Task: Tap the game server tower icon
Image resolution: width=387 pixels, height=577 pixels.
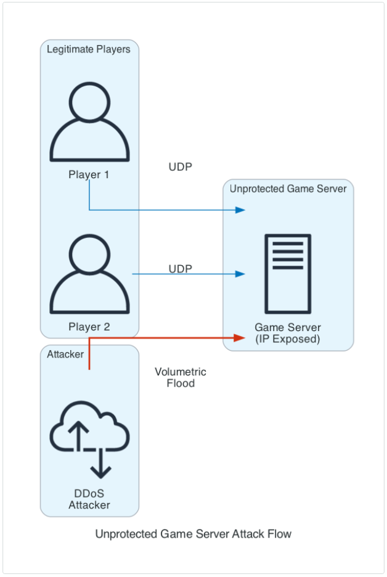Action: [x=288, y=274]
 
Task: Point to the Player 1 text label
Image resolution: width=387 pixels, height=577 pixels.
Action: [x=89, y=174]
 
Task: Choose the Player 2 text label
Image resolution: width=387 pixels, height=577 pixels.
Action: [x=89, y=327]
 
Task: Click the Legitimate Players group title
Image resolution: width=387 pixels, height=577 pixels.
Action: [x=88, y=49]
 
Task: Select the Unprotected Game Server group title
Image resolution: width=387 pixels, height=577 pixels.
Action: [x=288, y=189]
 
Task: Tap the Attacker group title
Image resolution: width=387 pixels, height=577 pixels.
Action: [x=65, y=354]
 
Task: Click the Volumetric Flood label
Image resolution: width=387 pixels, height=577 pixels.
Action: [x=181, y=377]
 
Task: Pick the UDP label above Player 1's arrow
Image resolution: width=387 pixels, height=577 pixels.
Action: [x=181, y=167]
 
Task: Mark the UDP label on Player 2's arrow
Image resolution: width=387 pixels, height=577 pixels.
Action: [x=181, y=269]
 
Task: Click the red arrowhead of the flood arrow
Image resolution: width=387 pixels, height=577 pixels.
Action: [x=240, y=338]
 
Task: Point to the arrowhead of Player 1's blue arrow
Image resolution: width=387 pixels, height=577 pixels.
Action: [x=240, y=210]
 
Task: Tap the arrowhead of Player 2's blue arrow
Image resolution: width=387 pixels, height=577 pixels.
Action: [x=240, y=274]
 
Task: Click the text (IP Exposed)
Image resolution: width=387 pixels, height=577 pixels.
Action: [x=288, y=339]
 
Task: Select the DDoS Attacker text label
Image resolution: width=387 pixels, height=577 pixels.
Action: [x=89, y=499]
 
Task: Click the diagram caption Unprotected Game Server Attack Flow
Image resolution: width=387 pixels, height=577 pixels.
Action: [x=193, y=534]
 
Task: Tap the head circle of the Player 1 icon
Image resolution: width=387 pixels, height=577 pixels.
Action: [x=89, y=102]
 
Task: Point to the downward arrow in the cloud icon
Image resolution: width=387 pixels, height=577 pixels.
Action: [x=100, y=464]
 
